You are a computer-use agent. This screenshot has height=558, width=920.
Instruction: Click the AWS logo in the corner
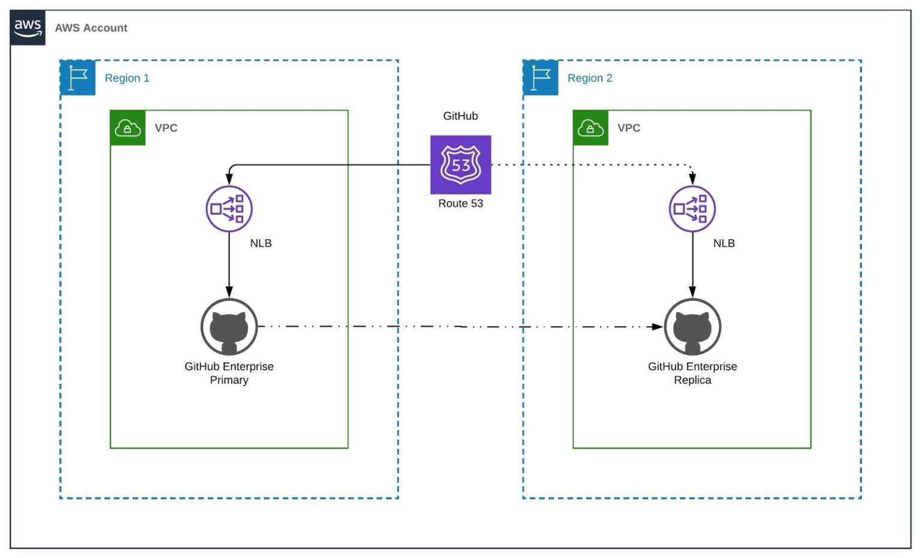point(28,28)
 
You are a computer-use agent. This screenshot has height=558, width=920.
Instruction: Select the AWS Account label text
point(91,28)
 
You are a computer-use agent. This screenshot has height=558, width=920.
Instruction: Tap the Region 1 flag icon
point(78,78)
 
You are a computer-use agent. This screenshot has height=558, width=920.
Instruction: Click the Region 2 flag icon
point(540,78)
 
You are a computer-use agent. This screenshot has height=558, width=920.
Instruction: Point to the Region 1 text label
point(127,79)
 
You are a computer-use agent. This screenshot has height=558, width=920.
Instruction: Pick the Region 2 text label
point(589,79)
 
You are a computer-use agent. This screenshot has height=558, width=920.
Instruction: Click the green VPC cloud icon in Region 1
point(128,128)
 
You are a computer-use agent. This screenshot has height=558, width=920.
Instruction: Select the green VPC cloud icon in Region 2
point(590,128)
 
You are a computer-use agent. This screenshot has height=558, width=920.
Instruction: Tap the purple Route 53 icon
point(461,165)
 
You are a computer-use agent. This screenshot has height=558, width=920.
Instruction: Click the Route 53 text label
point(461,204)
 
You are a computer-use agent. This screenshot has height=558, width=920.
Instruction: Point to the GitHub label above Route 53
point(461,116)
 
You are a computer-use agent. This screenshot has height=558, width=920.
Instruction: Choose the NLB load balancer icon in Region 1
point(229,209)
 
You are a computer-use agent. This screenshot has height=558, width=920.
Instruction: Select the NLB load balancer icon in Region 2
point(692,209)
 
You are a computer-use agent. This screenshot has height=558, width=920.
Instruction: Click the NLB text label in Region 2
point(724,243)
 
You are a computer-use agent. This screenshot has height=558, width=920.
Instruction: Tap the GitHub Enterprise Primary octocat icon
point(229,327)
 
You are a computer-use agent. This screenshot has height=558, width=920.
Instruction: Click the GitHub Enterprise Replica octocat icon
point(692,327)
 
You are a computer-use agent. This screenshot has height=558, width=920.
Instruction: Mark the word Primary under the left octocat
point(229,381)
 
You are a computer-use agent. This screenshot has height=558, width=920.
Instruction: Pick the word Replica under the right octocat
point(692,381)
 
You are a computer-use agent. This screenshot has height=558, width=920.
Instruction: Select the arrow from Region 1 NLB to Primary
point(229,264)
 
